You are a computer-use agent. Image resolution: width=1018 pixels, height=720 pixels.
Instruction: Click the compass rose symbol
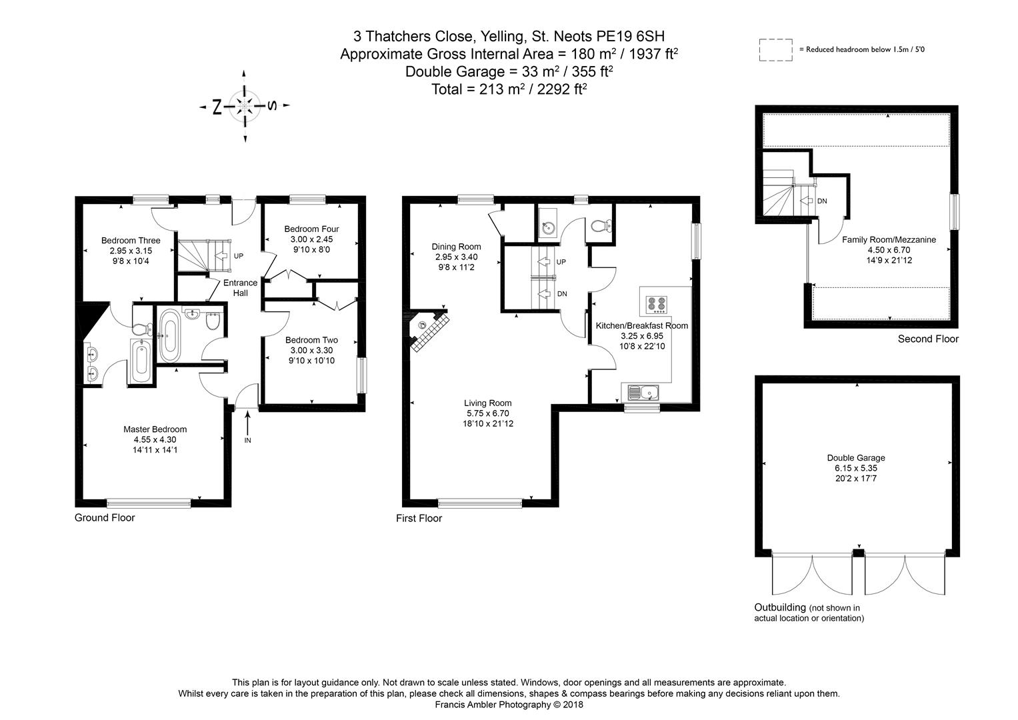pyautogui.click(x=245, y=106)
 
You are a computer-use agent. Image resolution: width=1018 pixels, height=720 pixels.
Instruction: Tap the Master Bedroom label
pyautogui.click(x=155, y=429)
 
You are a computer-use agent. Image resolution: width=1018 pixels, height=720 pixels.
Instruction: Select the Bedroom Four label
pyautogui.click(x=312, y=229)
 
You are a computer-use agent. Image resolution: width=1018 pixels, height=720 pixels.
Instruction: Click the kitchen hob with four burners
pyautogui.click(x=657, y=305)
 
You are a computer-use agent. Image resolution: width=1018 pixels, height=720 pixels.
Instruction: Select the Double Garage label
pyautogui.click(x=856, y=458)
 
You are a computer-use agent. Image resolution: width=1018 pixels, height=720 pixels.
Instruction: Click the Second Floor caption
pyautogui.click(x=928, y=339)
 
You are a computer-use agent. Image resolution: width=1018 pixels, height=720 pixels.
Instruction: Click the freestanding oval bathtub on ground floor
pyautogui.click(x=169, y=336)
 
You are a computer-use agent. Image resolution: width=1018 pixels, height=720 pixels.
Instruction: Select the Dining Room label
pyautogui.click(x=456, y=247)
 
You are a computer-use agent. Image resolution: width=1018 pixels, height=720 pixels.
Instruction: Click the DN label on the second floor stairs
pyautogui.click(x=822, y=201)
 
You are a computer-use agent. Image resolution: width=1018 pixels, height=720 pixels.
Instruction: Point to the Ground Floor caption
pyautogui.click(x=105, y=518)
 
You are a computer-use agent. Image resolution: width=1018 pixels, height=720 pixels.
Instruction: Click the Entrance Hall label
pyautogui.click(x=241, y=288)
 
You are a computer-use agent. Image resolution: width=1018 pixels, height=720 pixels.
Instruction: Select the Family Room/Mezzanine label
pyautogui.click(x=889, y=239)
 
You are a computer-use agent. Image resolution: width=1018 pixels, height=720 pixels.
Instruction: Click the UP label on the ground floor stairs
pyautogui.click(x=239, y=256)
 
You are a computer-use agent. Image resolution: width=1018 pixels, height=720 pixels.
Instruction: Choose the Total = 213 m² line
pyautogui.click(x=509, y=89)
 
